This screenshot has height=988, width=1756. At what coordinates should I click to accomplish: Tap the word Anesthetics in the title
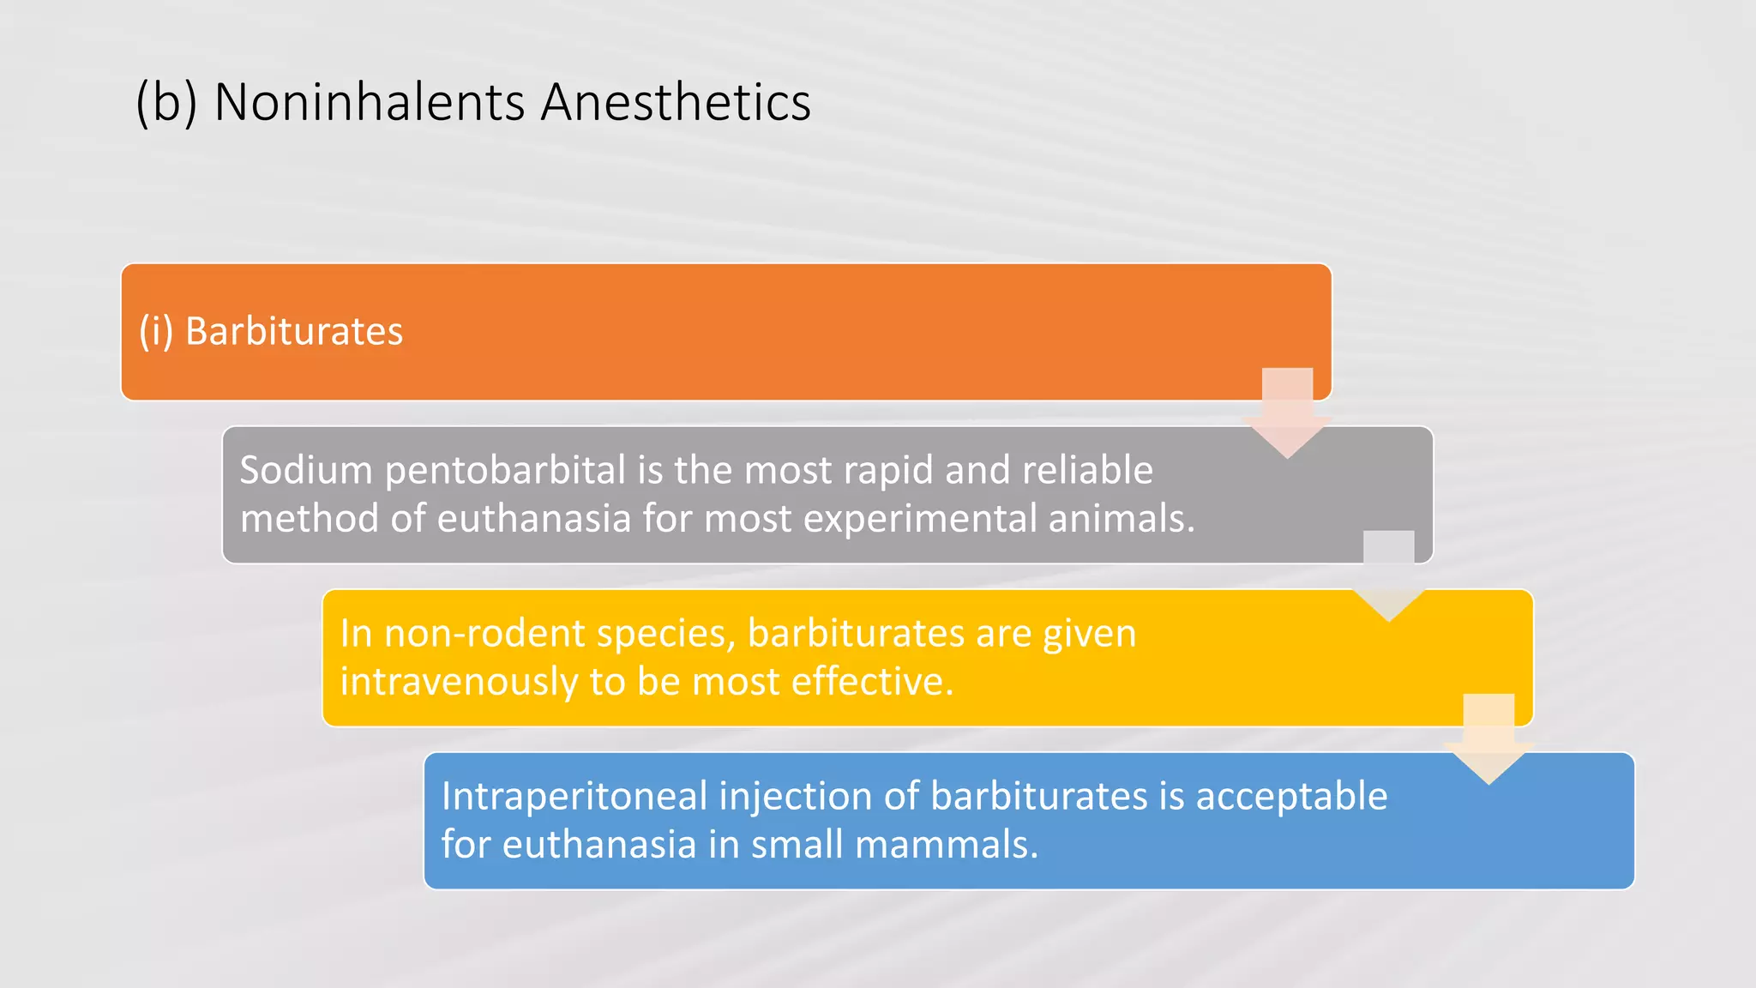(675, 103)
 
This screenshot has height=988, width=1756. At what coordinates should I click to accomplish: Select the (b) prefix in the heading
(166, 103)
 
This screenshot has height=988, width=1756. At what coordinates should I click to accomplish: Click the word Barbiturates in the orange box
(293, 332)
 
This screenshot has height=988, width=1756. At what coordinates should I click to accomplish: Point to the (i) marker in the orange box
(156, 332)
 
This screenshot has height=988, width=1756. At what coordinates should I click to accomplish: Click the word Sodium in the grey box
(306, 471)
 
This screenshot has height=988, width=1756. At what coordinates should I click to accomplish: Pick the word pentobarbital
(506, 471)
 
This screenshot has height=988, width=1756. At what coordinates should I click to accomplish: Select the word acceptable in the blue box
(1291, 797)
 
